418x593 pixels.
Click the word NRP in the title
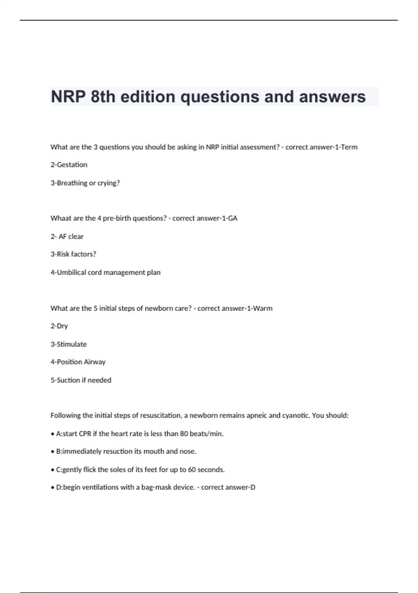click(x=68, y=97)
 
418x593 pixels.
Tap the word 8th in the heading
click(x=103, y=97)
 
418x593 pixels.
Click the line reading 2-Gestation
click(x=69, y=165)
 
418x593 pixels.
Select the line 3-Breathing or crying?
click(x=85, y=183)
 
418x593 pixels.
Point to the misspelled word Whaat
click(x=61, y=218)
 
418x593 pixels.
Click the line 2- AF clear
click(x=67, y=237)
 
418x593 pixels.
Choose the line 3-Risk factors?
click(x=73, y=254)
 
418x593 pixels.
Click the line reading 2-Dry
click(x=59, y=326)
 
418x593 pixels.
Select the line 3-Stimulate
click(x=69, y=344)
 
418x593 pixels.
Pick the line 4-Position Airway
click(x=78, y=362)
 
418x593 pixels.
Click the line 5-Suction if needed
click(x=81, y=380)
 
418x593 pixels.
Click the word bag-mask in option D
click(x=154, y=487)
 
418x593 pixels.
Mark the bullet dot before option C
click(x=52, y=470)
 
